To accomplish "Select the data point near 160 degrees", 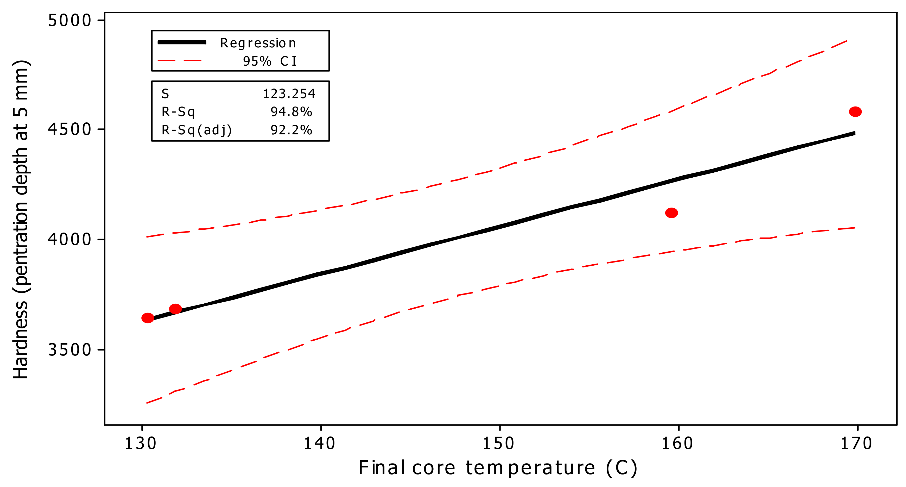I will point(671,213).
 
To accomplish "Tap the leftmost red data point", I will point(148,318).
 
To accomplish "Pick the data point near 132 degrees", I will point(175,309).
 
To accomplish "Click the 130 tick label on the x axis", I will point(141,443).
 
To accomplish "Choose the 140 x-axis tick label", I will point(319,443).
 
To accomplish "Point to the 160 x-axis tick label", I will point(677,443).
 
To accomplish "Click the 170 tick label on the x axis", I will point(856,443).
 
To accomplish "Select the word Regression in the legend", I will point(258,43).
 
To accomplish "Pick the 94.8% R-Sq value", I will point(291,112).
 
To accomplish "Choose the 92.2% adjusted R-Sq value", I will point(291,130).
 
